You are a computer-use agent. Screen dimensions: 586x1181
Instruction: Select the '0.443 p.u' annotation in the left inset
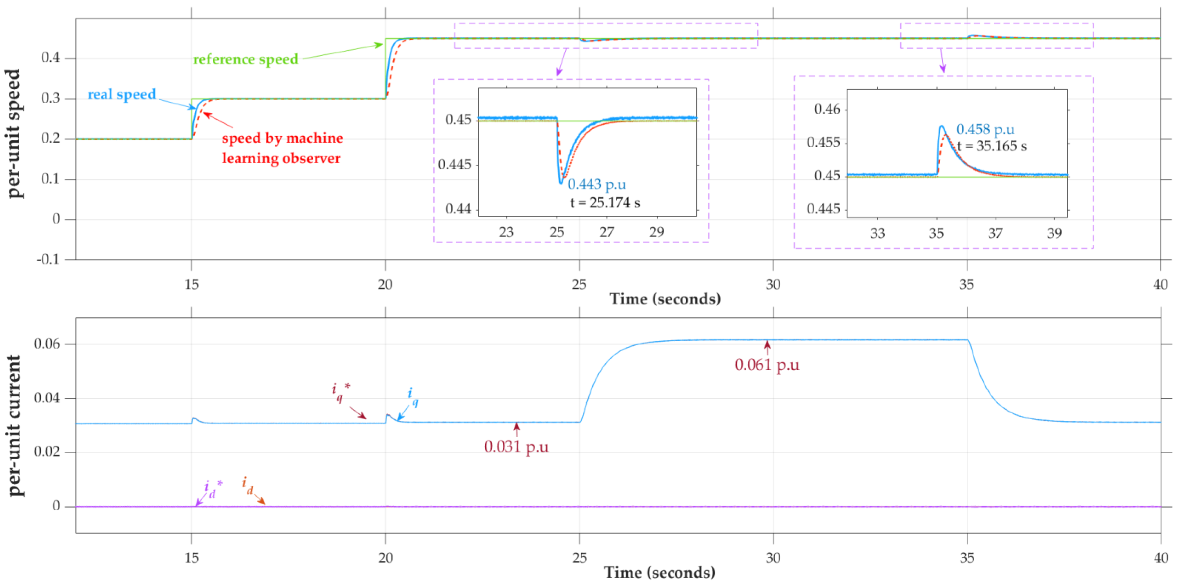(597, 184)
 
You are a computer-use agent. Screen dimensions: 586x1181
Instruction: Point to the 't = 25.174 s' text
(605, 203)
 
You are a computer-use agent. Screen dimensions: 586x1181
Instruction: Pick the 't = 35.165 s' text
(991, 146)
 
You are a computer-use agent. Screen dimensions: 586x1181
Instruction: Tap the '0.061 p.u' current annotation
(766, 365)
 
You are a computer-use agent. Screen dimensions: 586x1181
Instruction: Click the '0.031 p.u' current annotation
(516, 446)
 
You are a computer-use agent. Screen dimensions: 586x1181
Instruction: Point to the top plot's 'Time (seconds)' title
(665, 299)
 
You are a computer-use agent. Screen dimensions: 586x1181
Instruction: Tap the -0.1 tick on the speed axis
(48, 259)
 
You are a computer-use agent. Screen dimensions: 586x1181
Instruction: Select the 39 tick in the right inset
(1054, 233)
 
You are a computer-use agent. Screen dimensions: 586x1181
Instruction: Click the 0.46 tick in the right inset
(827, 109)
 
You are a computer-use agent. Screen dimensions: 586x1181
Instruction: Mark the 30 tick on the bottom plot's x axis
(773, 558)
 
